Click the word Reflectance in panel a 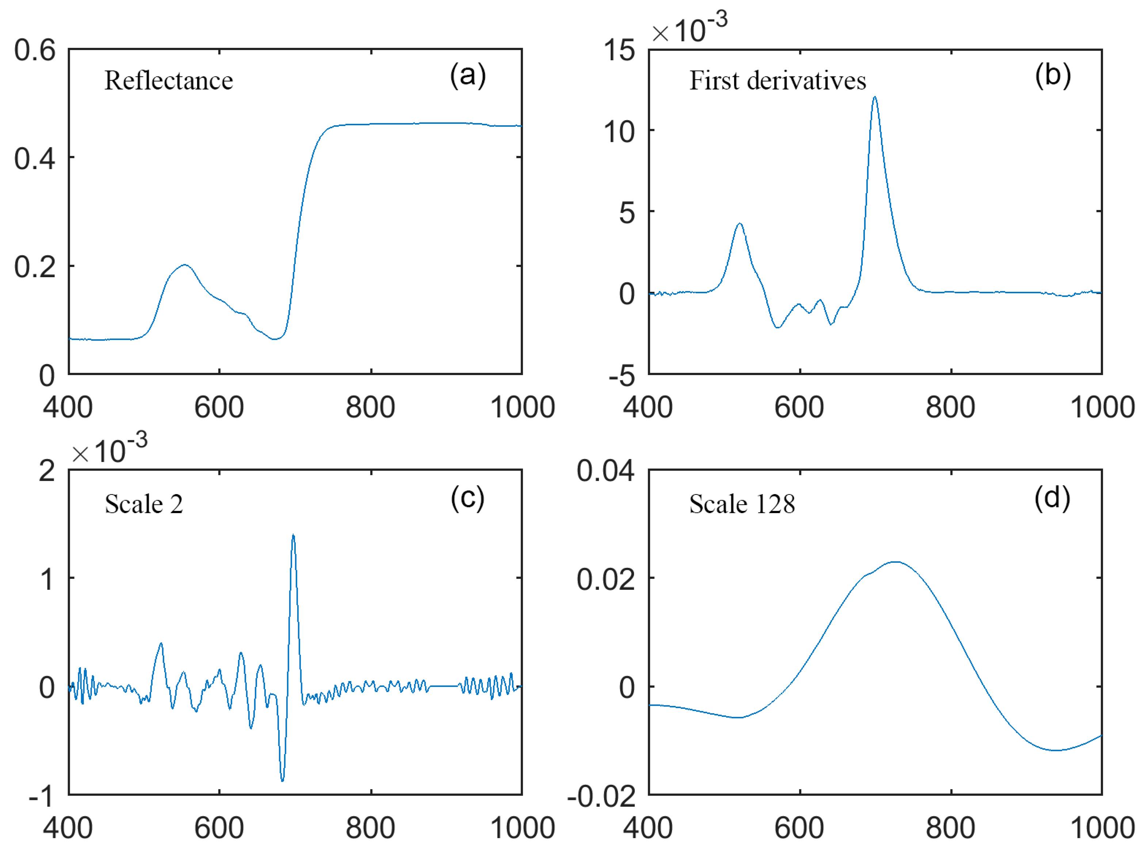[x=168, y=80]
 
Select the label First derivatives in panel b [x=777, y=80]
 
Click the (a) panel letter [x=468, y=76]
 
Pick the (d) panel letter [x=1052, y=498]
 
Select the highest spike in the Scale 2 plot [x=293, y=535]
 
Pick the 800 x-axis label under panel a [x=370, y=407]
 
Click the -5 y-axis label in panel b [x=621, y=377]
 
